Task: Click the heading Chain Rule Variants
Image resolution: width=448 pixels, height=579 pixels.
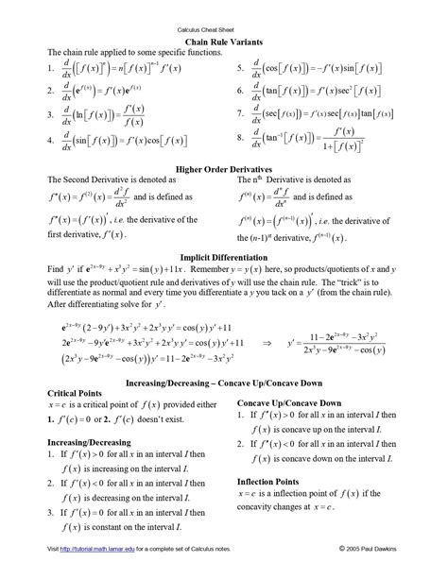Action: [224, 43]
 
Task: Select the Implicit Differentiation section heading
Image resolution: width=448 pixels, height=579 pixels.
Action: [224, 257]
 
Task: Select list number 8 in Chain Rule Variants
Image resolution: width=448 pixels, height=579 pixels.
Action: [241, 138]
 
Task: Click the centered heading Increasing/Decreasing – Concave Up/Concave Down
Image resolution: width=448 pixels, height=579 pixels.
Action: [224, 382]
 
